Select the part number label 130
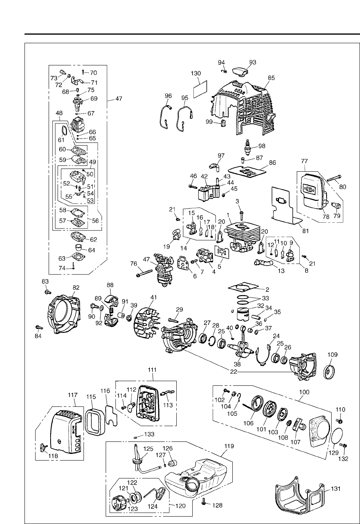click(196, 73)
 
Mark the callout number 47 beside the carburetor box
click(118, 99)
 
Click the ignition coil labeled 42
click(207, 193)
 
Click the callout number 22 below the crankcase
click(233, 371)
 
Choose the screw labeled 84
click(38, 327)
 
